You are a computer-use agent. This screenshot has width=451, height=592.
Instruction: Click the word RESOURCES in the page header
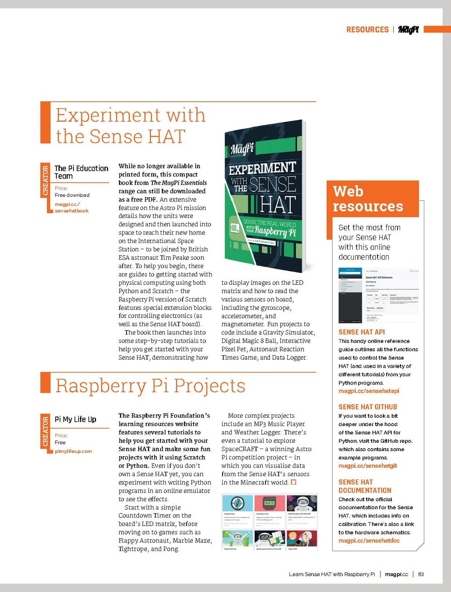coord(367,30)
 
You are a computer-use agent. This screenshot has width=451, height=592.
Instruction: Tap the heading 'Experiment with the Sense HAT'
coord(131,125)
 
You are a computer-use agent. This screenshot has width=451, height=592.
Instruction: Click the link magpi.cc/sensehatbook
coord(71,207)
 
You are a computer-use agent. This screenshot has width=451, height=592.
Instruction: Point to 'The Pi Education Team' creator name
coord(81,172)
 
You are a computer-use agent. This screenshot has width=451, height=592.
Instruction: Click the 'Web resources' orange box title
coord(368,199)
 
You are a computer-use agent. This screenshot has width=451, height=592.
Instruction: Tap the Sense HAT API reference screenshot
coord(378,296)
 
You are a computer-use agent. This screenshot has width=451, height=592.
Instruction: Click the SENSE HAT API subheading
coord(362,332)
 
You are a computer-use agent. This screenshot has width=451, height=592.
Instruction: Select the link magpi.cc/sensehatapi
coord(369,391)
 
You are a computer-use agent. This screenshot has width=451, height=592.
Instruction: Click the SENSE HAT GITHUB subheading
coord(367,407)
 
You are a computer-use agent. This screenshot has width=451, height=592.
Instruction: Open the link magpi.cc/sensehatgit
coord(367,466)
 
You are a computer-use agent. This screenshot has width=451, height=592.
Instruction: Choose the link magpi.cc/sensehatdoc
coord(369,541)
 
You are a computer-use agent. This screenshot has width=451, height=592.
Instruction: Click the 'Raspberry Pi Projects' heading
coord(150,386)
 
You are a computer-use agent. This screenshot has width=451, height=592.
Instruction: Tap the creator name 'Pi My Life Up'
coord(75,419)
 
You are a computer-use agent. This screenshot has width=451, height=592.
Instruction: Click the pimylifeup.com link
coord(73,451)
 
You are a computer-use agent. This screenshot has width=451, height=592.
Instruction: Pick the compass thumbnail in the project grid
coord(237,503)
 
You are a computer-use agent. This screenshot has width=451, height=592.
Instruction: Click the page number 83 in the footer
coord(421,574)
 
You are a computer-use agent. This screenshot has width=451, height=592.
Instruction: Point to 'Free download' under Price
coord(72,195)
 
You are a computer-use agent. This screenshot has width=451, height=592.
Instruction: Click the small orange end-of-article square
coord(294,482)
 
